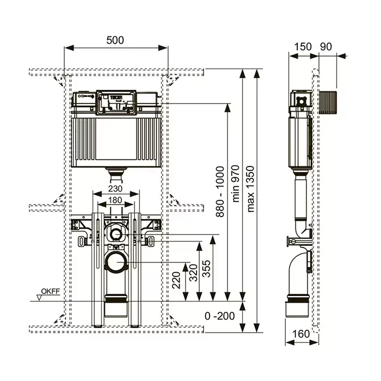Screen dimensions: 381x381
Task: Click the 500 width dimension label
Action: pyautogui.click(x=115, y=40)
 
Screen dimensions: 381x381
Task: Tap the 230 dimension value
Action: pyautogui.click(x=114, y=189)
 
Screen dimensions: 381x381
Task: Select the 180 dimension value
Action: pyautogui.click(x=114, y=200)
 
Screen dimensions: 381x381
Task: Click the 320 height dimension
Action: pyautogui.click(x=193, y=274)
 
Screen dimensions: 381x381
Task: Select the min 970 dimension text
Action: pyautogui.click(x=236, y=185)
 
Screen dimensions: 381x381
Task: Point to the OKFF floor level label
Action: pyautogui.click(x=50, y=291)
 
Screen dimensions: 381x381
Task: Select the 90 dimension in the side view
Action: pyautogui.click(x=326, y=46)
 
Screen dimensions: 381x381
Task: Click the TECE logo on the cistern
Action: pyautogui.click(x=118, y=99)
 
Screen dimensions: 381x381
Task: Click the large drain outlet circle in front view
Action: pyautogui.click(x=116, y=262)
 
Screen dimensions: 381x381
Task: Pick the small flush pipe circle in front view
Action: pyautogui.click(x=115, y=235)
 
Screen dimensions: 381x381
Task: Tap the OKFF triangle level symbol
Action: pyautogui.click(x=40, y=297)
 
